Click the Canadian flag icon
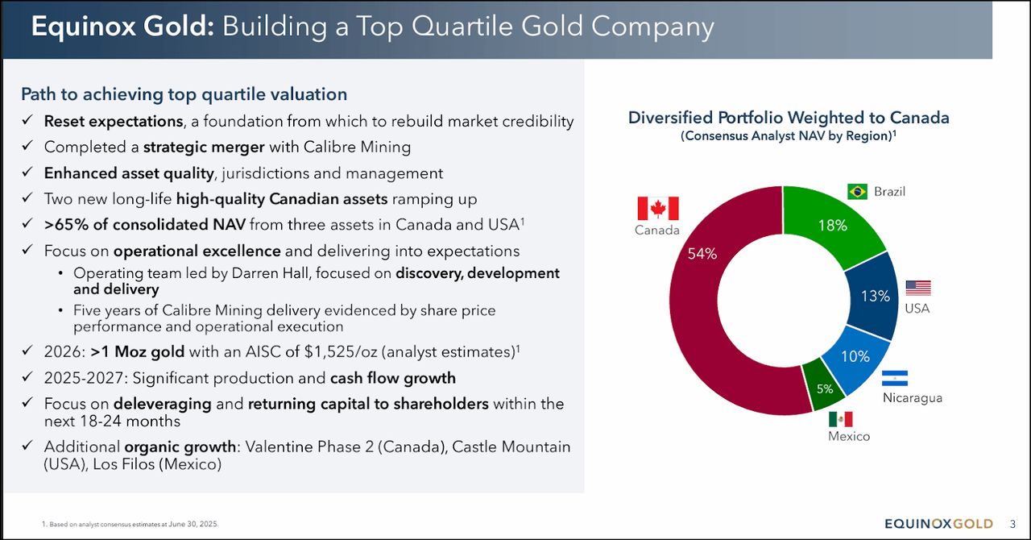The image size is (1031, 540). click(658, 208)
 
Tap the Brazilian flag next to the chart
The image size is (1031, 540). click(857, 192)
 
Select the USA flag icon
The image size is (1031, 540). click(917, 288)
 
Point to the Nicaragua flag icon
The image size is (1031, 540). click(895, 379)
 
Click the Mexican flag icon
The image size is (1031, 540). click(840, 419)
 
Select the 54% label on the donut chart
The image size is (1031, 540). click(702, 254)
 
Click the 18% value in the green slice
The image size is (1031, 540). click(832, 226)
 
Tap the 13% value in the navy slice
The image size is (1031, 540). click(875, 296)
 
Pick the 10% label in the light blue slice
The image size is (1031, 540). click(855, 356)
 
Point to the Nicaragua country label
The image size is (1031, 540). click(912, 397)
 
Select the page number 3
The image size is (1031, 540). click(1012, 524)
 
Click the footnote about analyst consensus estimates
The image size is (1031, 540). click(130, 524)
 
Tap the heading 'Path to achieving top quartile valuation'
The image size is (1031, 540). click(184, 94)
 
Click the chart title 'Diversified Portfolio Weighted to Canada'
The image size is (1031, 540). click(789, 118)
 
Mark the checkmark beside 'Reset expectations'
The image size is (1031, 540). click(27, 121)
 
